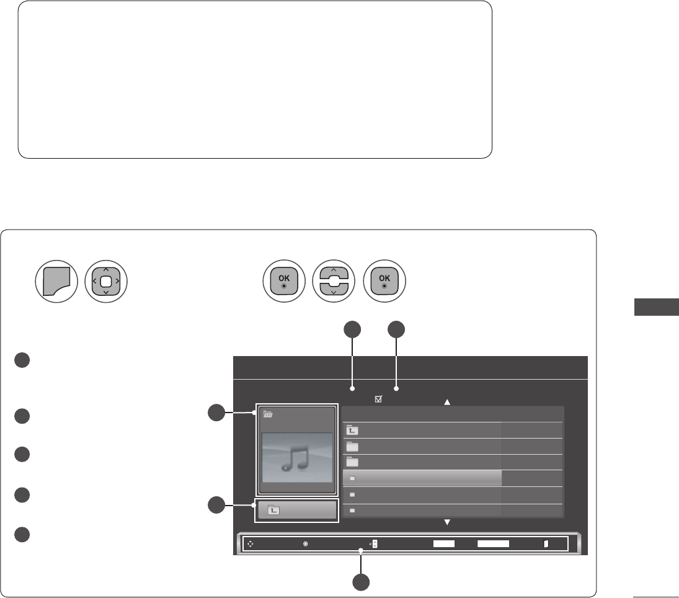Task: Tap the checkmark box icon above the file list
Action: click(x=378, y=400)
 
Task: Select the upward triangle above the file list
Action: click(x=446, y=402)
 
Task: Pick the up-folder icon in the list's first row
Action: click(x=353, y=430)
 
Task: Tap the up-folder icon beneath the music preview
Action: click(x=273, y=510)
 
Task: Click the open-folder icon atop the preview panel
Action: click(x=268, y=415)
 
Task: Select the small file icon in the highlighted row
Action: click(x=352, y=478)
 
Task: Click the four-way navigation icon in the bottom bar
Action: click(x=250, y=543)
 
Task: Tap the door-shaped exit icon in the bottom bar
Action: click(x=546, y=543)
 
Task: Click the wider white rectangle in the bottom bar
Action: click(x=493, y=543)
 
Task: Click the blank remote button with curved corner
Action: click(x=56, y=285)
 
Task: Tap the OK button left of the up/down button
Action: click(x=283, y=285)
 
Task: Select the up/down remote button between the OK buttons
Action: click(x=334, y=285)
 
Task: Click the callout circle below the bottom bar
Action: click(x=362, y=582)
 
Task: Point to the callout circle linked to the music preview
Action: click(x=216, y=412)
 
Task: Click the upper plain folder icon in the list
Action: click(x=353, y=446)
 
